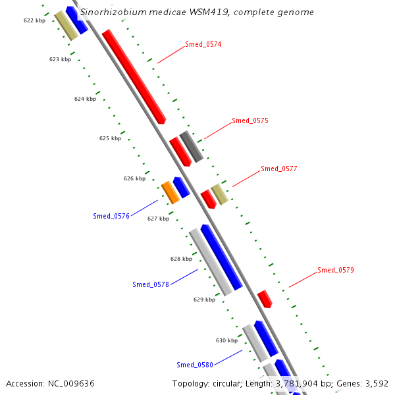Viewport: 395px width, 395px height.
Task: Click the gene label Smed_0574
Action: pyautogui.click(x=203, y=45)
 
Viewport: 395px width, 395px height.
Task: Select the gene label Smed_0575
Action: pyautogui.click(x=250, y=121)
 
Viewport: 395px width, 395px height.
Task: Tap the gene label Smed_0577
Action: pyautogui.click(x=278, y=169)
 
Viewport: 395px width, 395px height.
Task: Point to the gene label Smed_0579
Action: pyautogui.click(x=336, y=270)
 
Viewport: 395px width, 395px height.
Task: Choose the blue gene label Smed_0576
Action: pyautogui.click(x=111, y=216)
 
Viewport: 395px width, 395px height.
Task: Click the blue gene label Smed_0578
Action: pyautogui.click(x=151, y=284)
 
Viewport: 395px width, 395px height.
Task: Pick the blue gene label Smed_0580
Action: pyautogui.click(x=195, y=365)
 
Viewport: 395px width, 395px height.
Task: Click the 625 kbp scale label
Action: pyautogui.click(x=110, y=139)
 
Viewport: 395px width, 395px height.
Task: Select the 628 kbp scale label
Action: pyautogui.click(x=181, y=259)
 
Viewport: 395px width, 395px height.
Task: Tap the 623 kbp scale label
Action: pyautogui.click(x=60, y=60)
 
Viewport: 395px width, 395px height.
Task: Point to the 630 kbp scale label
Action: pyautogui.click(x=226, y=340)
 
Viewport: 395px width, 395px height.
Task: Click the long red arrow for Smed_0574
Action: pyautogui.click(x=134, y=76)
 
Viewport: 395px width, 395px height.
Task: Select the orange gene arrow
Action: pyautogui.click(x=171, y=192)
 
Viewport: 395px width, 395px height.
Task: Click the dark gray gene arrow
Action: pyautogui.click(x=191, y=146)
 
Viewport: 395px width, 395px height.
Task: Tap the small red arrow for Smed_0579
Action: pyautogui.click(x=265, y=299)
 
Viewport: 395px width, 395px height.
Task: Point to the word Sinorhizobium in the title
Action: pyautogui.click(x=109, y=13)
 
